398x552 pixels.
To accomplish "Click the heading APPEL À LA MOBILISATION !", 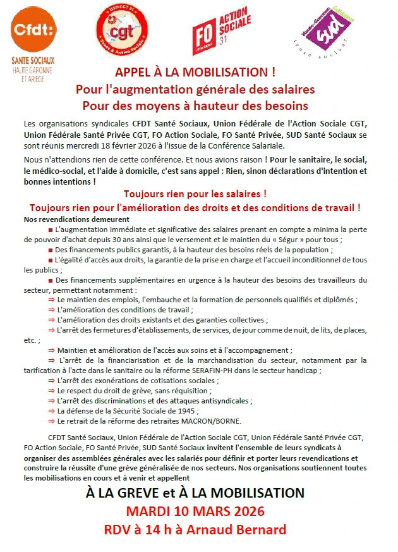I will tap(195, 72).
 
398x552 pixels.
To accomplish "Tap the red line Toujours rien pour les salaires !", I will tap(195, 193).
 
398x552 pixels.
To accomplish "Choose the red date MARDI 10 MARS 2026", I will tap(195, 511).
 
